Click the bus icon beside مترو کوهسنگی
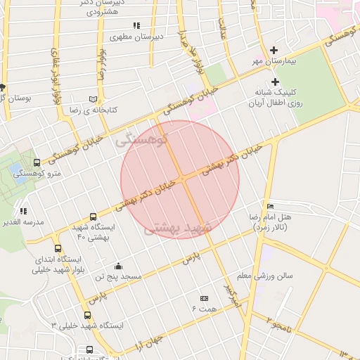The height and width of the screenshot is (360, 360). point(37,163)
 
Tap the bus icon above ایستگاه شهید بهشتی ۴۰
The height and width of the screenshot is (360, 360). point(94,217)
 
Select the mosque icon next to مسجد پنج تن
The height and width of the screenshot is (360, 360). point(118,266)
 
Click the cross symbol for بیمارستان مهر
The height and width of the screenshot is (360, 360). point(274,50)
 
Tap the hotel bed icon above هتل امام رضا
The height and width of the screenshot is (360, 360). point(271,207)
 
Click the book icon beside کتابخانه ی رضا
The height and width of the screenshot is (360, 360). point(94,99)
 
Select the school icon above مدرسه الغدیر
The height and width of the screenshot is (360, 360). point(23,210)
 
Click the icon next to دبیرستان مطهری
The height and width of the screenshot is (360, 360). point(136,25)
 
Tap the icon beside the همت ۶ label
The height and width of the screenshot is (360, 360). point(204,298)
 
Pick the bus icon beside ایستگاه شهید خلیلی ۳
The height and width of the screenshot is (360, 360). point(87,315)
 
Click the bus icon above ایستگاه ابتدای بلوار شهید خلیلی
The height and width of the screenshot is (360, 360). point(58,248)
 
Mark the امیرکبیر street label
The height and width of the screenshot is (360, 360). point(232,296)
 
